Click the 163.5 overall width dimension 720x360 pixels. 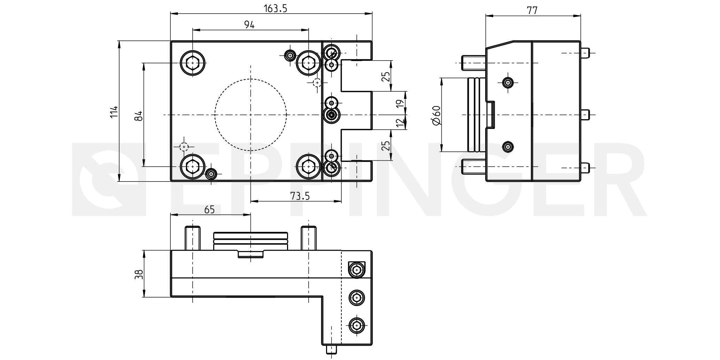[x=275, y=8]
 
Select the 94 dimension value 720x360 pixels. [x=249, y=25]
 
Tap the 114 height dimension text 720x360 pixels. [x=114, y=112]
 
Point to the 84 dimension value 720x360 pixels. [x=139, y=116]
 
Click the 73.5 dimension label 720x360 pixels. [x=300, y=196]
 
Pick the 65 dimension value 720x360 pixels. [x=209, y=209]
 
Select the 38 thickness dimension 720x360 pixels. [x=139, y=274]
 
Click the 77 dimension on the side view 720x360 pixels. [x=532, y=10]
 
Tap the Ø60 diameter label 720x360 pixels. [x=436, y=115]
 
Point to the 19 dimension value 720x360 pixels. [x=400, y=103]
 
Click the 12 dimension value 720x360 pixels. [x=400, y=122]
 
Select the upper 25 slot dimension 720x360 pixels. [x=386, y=76]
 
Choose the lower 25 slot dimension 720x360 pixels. [x=386, y=145]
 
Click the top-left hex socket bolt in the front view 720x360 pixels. [x=192, y=63]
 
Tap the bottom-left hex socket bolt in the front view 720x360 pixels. [x=192, y=167]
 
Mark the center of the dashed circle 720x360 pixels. [x=250, y=115]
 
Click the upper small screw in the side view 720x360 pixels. [x=508, y=83]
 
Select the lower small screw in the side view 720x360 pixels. [x=508, y=147]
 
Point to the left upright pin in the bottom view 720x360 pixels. [x=192, y=238]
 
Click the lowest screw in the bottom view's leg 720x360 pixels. [x=356, y=326]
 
